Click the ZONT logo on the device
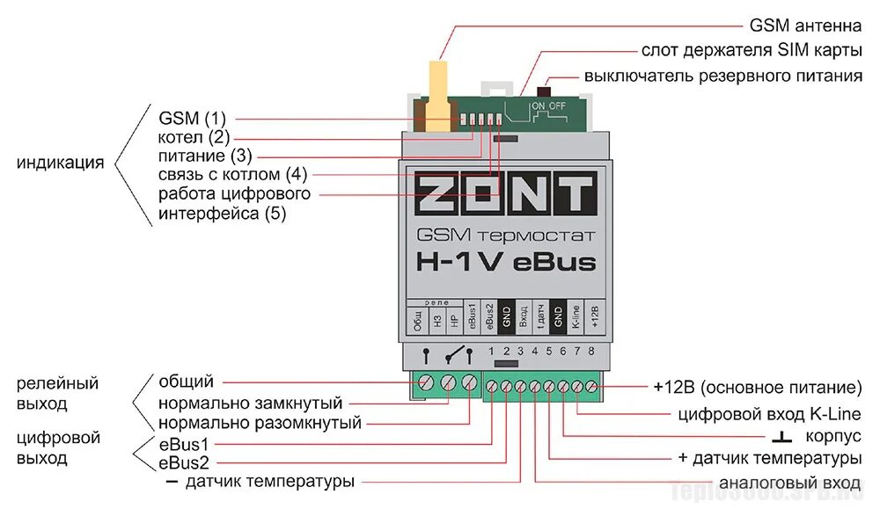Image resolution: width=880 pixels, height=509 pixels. coord(506,193)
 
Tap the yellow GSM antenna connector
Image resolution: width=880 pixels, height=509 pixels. coord(436,97)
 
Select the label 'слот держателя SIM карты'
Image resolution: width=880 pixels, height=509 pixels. coord(752,50)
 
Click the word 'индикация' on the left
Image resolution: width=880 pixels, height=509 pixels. coord(61,163)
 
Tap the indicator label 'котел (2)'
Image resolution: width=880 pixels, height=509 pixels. coord(194,137)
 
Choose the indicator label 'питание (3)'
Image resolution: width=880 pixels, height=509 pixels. coord(204,156)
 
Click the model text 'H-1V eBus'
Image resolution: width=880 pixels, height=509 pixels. coord(505,262)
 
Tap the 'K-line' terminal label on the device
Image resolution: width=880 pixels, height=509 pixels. coord(576,316)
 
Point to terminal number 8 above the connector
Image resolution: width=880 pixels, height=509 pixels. coord(591,352)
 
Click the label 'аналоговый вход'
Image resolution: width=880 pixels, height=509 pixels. coord(789,484)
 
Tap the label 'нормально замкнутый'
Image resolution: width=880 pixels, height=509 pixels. coord(250,404)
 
